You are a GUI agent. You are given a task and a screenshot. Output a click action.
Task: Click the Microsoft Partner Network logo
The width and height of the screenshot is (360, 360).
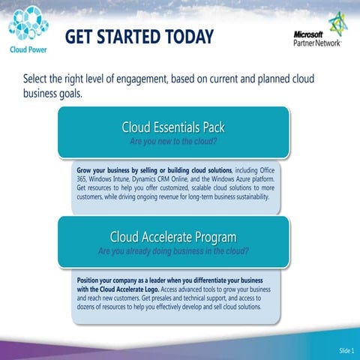[x=317, y=33]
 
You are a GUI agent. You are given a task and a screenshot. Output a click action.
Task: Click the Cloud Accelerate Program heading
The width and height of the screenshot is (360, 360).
[x=173, y=238]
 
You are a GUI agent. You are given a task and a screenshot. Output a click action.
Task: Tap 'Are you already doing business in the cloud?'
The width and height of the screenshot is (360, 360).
[x=173, y=251]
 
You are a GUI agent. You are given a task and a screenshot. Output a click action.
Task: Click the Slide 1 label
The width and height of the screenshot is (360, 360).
[x=346, y=351]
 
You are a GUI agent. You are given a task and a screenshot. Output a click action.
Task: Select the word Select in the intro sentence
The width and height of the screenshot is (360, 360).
[x=39, y=79]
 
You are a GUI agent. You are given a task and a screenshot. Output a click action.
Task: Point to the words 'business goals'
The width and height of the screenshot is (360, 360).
[x=57, y=94]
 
